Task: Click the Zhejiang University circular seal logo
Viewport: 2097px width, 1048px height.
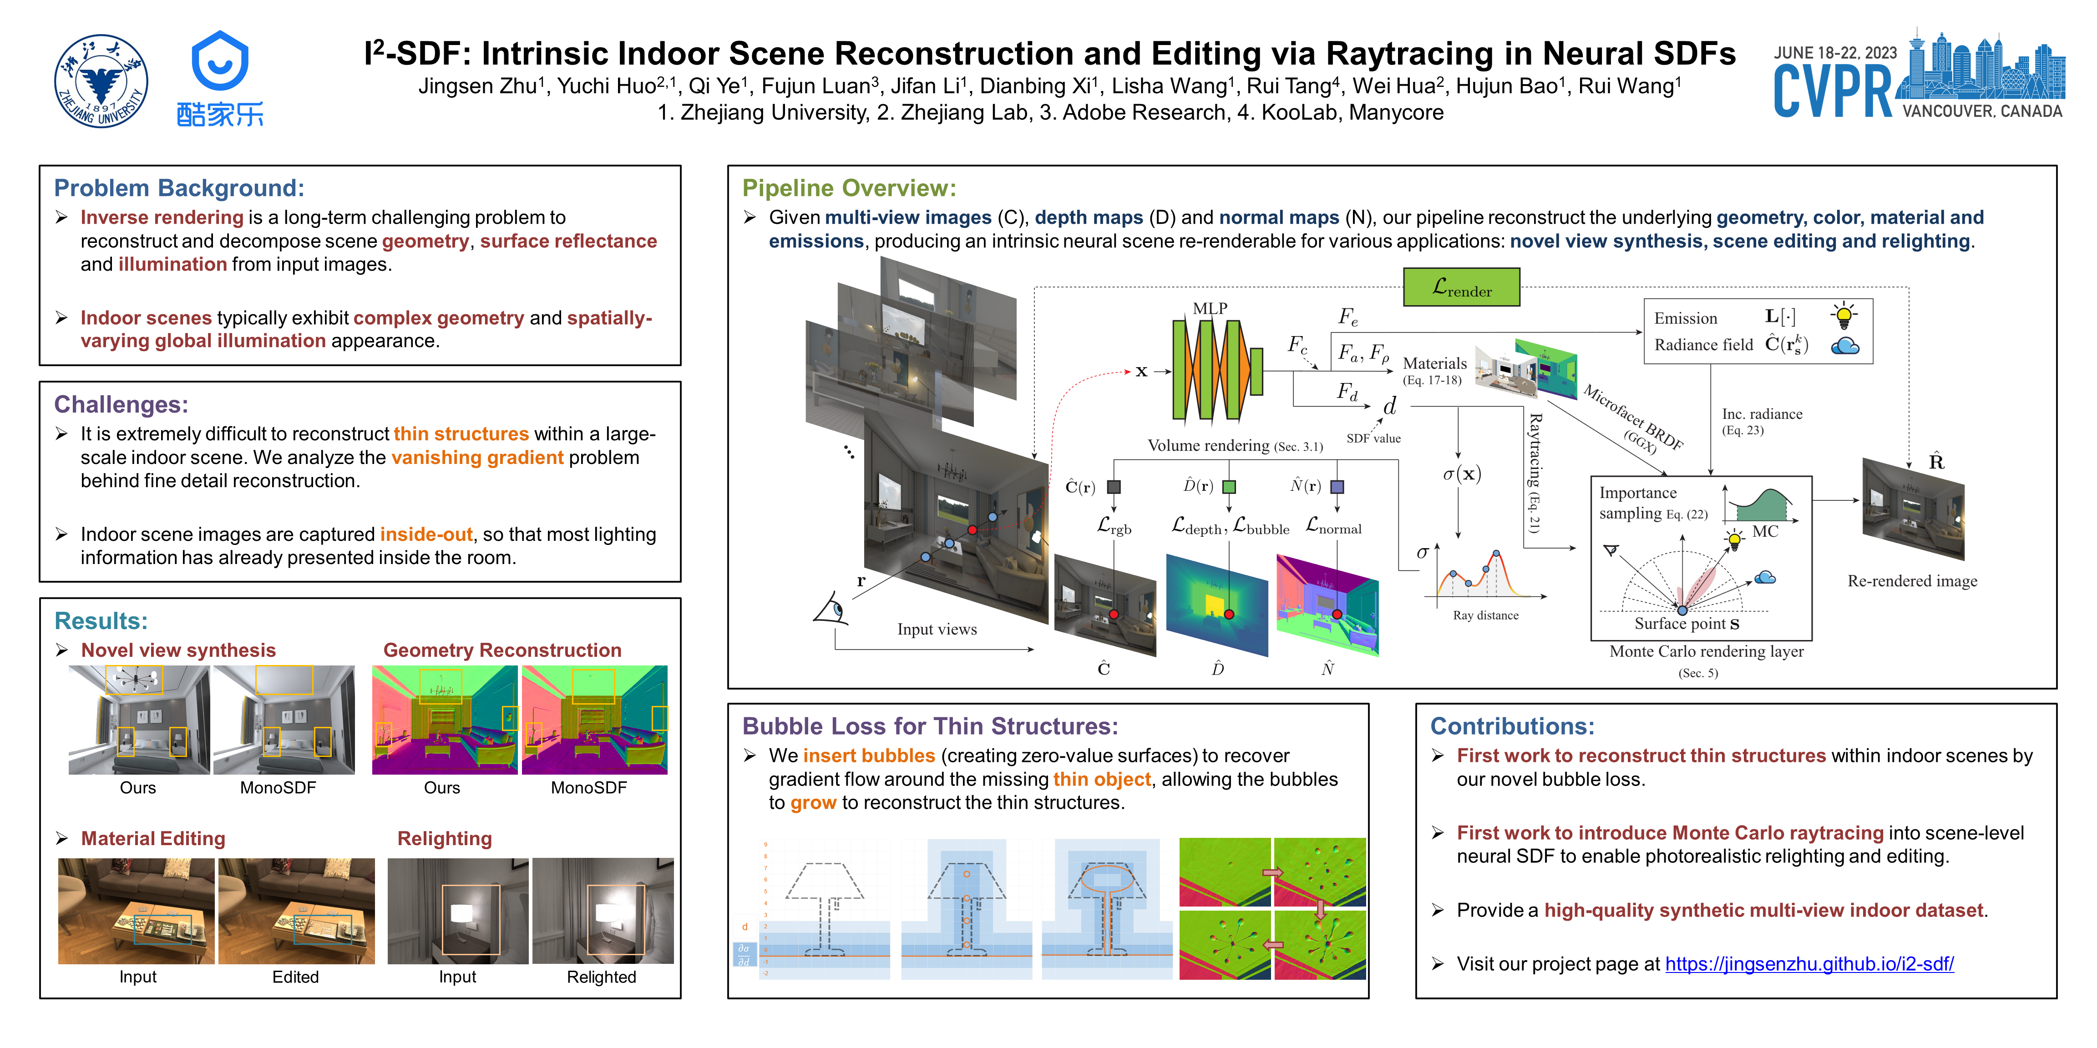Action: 101,81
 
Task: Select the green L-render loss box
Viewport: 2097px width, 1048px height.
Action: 1461,287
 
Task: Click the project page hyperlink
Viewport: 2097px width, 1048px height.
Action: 1809,964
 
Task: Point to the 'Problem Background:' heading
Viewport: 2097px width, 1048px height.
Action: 179,188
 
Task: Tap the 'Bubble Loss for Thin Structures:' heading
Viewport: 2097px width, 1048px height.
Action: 930,726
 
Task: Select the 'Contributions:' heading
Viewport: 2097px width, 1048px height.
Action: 1512,726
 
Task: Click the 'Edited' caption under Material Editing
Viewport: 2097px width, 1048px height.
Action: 295,977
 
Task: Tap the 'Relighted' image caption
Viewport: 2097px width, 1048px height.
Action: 602,977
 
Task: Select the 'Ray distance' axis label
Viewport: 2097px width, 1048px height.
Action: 1486,615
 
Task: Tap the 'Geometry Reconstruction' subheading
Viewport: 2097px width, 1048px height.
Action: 502,650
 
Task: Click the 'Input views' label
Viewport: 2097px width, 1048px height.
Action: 937,629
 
